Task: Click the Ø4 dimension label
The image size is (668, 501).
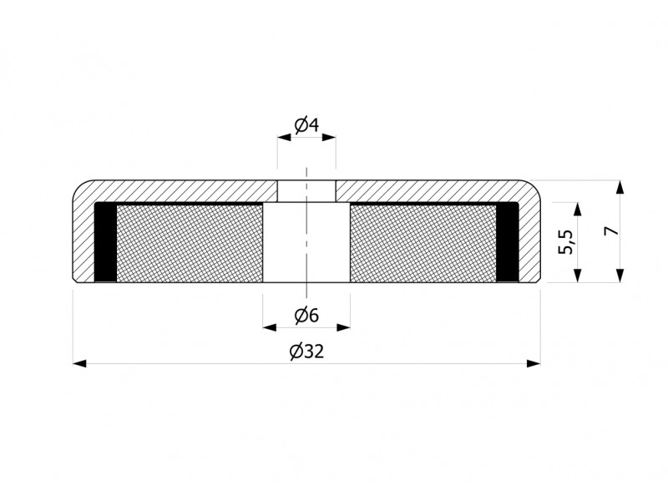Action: click(x=306, y=125)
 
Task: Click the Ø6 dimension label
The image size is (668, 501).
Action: click(x=306, y=316)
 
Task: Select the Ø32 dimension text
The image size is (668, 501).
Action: click(x=306, y=352)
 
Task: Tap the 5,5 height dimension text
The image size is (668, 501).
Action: click(x=567, y=242)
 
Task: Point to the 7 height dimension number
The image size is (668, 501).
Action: click(x=612, y=231)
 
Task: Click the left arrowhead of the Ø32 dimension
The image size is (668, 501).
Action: click(x=79, y=363)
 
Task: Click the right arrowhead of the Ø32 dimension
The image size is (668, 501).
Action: click(x=534, y=363)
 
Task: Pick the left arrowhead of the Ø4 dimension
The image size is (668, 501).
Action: click(x=284, y=137)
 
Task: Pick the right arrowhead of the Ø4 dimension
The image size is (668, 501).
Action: click(x=329, y=137)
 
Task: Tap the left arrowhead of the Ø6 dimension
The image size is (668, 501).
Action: click(x=270, y=327)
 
